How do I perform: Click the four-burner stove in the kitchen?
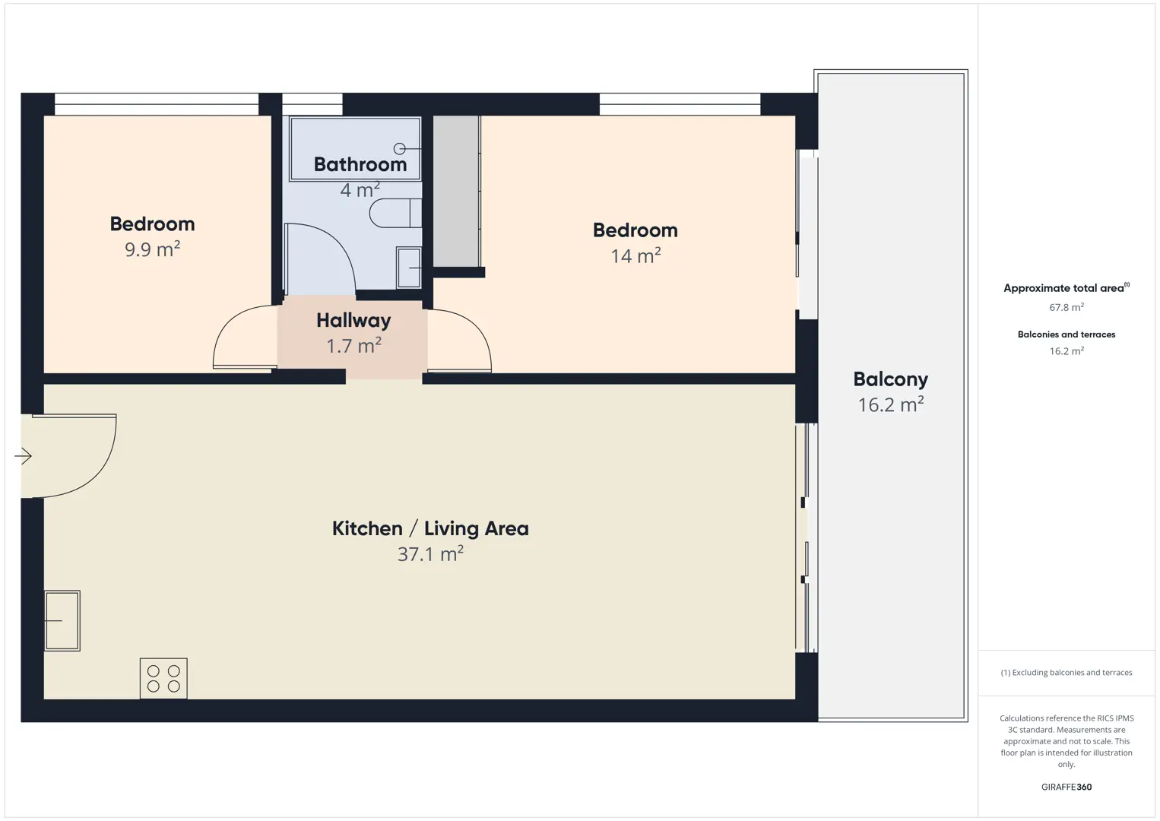(163, 678)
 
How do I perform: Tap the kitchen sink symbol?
(62, 620)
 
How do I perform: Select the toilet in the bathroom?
(395, 212)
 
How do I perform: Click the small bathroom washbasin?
(409, 268)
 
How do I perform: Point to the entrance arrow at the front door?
(23, 456)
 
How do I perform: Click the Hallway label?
(353, 321)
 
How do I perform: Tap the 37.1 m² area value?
(430, 553)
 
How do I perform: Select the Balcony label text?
(891, 379)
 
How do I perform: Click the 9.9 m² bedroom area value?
(152, 249)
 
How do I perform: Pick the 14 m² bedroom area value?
(635, 255)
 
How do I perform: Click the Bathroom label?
(360, 165)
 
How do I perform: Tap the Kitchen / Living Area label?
(430, 528)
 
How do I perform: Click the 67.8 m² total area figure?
(1067, 307)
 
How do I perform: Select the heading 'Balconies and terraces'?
(1067, 334)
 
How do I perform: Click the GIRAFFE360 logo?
(1067, 787)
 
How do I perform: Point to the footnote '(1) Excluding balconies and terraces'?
(1067, 672)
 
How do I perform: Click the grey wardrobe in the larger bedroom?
(456, 191)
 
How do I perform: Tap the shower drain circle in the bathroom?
(399, 149)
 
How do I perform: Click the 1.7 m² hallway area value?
(353, 345)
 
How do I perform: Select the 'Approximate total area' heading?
(1067, 288)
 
